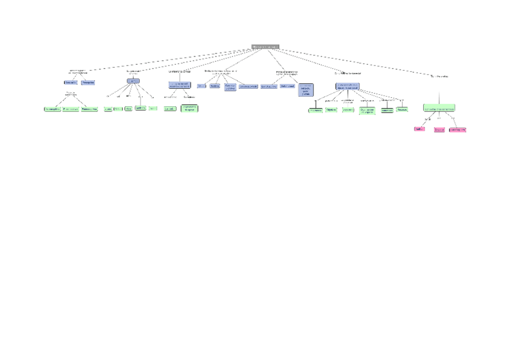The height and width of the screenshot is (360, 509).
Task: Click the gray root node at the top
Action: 265,46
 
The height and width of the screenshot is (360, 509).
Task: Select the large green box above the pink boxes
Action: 439,108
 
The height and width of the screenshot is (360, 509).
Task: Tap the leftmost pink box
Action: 419,129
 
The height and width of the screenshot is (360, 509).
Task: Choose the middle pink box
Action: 439,129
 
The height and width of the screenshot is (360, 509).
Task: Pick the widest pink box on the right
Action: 458,129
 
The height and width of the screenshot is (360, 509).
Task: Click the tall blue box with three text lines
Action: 306,90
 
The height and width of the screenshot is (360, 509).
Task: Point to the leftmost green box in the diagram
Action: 52,109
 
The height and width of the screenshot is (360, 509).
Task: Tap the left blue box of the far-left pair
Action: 70,82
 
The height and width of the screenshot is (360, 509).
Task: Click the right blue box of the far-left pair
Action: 88,82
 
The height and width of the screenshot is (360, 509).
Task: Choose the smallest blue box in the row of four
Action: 201,86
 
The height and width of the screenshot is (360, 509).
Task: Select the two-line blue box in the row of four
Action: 230,87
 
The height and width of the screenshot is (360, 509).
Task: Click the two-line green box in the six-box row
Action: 367,110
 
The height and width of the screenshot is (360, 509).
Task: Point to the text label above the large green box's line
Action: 439,76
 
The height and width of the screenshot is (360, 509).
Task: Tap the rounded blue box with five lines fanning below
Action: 133,81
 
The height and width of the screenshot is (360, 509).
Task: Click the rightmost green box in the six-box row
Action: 402,110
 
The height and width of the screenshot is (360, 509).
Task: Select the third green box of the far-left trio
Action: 89,109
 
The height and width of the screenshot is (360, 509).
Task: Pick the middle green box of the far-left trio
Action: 71,109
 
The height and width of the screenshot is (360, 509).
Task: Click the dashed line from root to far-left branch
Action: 168,59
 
